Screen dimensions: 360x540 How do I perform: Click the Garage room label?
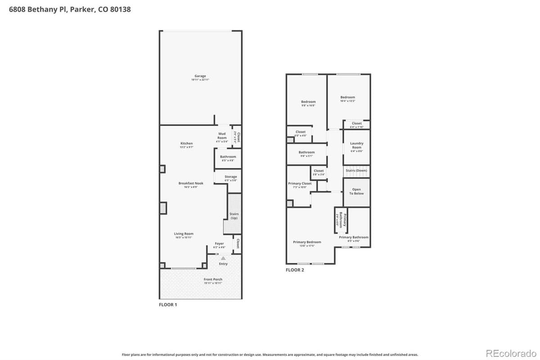[200, 76]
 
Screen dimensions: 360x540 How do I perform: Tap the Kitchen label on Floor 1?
[186, 144]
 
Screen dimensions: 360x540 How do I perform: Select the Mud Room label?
[222, 135]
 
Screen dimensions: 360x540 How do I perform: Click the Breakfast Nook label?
[191, 184]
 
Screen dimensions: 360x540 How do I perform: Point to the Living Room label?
[184, 234]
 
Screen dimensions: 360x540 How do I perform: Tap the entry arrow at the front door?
[223, 258]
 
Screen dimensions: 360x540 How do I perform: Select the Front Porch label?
[213, 280]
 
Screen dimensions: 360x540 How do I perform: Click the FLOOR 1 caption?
[168, 305]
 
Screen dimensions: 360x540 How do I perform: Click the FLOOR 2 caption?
[295, 270]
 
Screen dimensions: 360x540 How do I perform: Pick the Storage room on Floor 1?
[230, 177]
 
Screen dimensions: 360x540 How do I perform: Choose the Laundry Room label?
[356, 145]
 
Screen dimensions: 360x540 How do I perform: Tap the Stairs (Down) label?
[356, 171]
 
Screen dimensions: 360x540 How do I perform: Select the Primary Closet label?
[300, 184]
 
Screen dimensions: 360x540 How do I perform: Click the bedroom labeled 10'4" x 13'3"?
[347, 98]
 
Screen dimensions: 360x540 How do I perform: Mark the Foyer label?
[219, 244]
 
